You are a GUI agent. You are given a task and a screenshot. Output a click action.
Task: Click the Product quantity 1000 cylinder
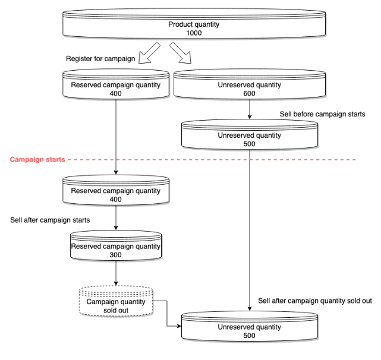click(194, 24)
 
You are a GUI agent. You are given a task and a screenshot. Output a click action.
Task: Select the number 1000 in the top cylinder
click(194, 33)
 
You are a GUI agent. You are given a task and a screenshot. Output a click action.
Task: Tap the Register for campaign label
click(100, 59)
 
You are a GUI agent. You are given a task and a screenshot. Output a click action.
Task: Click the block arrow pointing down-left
click(149, 53)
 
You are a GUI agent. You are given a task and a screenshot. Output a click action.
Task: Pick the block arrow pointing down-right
click(180, 53)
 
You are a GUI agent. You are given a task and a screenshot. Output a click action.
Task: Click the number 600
click(249, 93)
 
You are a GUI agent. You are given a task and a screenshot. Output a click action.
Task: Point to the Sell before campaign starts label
click(322, 114)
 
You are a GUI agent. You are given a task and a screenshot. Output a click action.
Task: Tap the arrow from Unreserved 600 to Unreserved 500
click(250, 109)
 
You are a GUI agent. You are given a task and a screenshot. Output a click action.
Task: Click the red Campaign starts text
click(37, 160)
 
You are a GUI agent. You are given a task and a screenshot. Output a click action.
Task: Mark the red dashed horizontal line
click(212, 160)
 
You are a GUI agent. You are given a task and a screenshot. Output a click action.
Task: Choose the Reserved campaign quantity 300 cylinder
click(116, 245)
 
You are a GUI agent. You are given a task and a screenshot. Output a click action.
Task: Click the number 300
click(115, 255)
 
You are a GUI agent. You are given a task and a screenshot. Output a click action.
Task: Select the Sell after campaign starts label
click(50, 220)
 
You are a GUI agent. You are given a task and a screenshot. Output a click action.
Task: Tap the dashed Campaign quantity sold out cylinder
click(116, 301)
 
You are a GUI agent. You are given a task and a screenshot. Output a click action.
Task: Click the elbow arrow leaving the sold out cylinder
click(167, 313)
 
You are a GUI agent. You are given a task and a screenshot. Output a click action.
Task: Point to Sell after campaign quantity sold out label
click(315, 301)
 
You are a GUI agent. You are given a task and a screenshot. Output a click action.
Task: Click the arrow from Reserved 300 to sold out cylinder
click(116, 273)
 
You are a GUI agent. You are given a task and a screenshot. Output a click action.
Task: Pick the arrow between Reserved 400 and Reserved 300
click(116, 217)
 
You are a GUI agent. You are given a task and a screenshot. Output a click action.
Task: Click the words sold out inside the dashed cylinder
click(116, 311)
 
